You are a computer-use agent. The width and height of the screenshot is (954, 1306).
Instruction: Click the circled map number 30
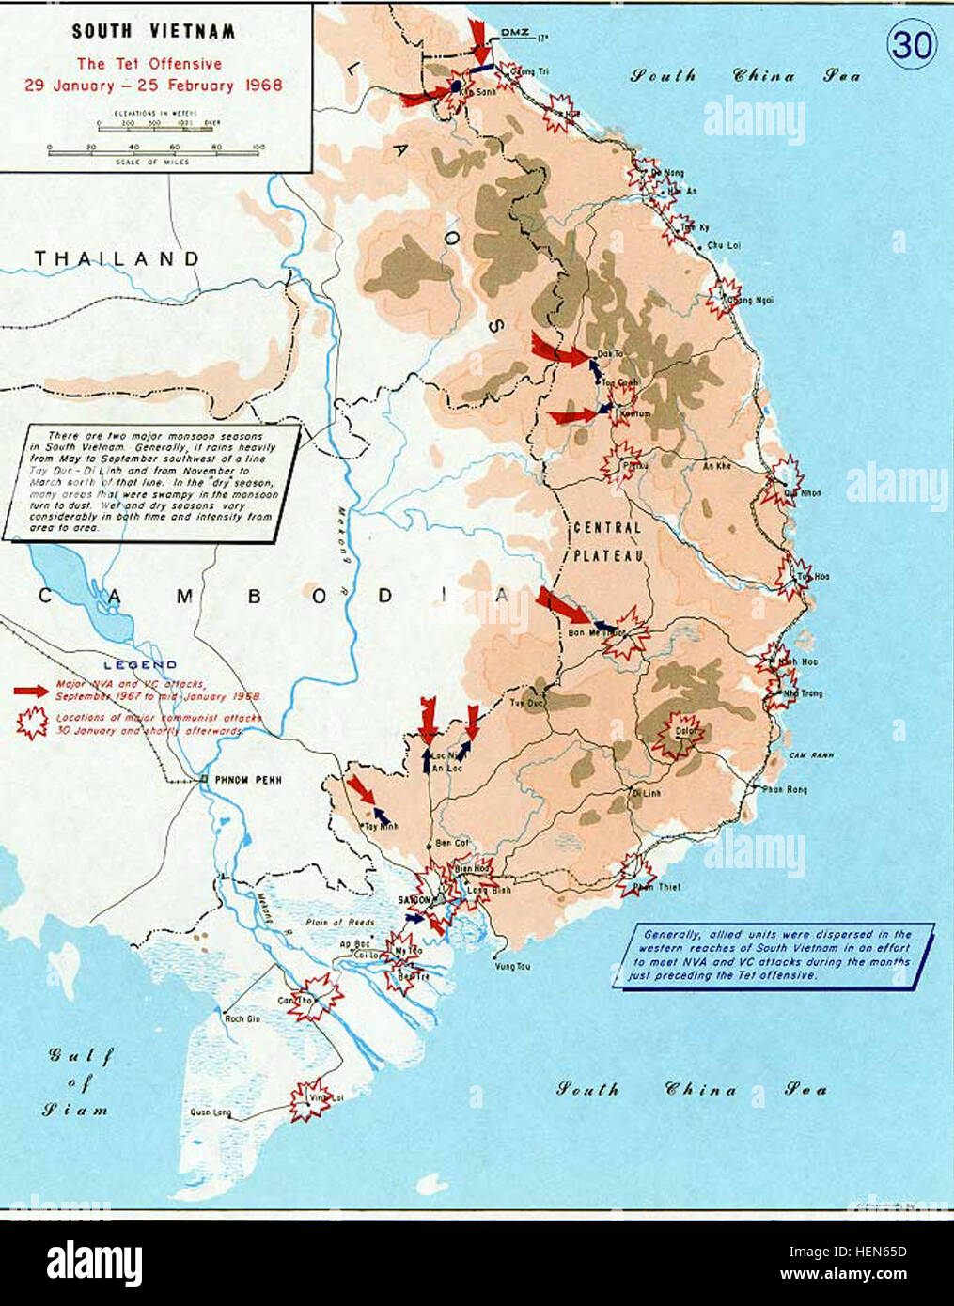point(911,44)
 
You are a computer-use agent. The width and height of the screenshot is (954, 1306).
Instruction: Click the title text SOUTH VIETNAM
point(153,32)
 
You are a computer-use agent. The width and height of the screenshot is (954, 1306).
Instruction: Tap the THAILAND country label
point(117,257)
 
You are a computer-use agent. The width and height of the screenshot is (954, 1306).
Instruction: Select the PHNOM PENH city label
point(247,780)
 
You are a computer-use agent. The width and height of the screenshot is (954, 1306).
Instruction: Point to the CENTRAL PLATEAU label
point(606,541)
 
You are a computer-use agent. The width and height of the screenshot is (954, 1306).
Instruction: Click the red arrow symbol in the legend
point(31,690)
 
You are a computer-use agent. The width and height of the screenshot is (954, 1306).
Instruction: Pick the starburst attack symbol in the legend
point(32,722)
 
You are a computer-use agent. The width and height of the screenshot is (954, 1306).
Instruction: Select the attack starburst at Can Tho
point(314,996)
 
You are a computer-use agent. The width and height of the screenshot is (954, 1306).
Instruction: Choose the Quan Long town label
point(211,1113)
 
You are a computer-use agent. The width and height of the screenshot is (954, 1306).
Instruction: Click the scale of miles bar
point(156,152)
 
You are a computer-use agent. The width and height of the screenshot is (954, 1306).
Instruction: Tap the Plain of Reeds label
point(345,923)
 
